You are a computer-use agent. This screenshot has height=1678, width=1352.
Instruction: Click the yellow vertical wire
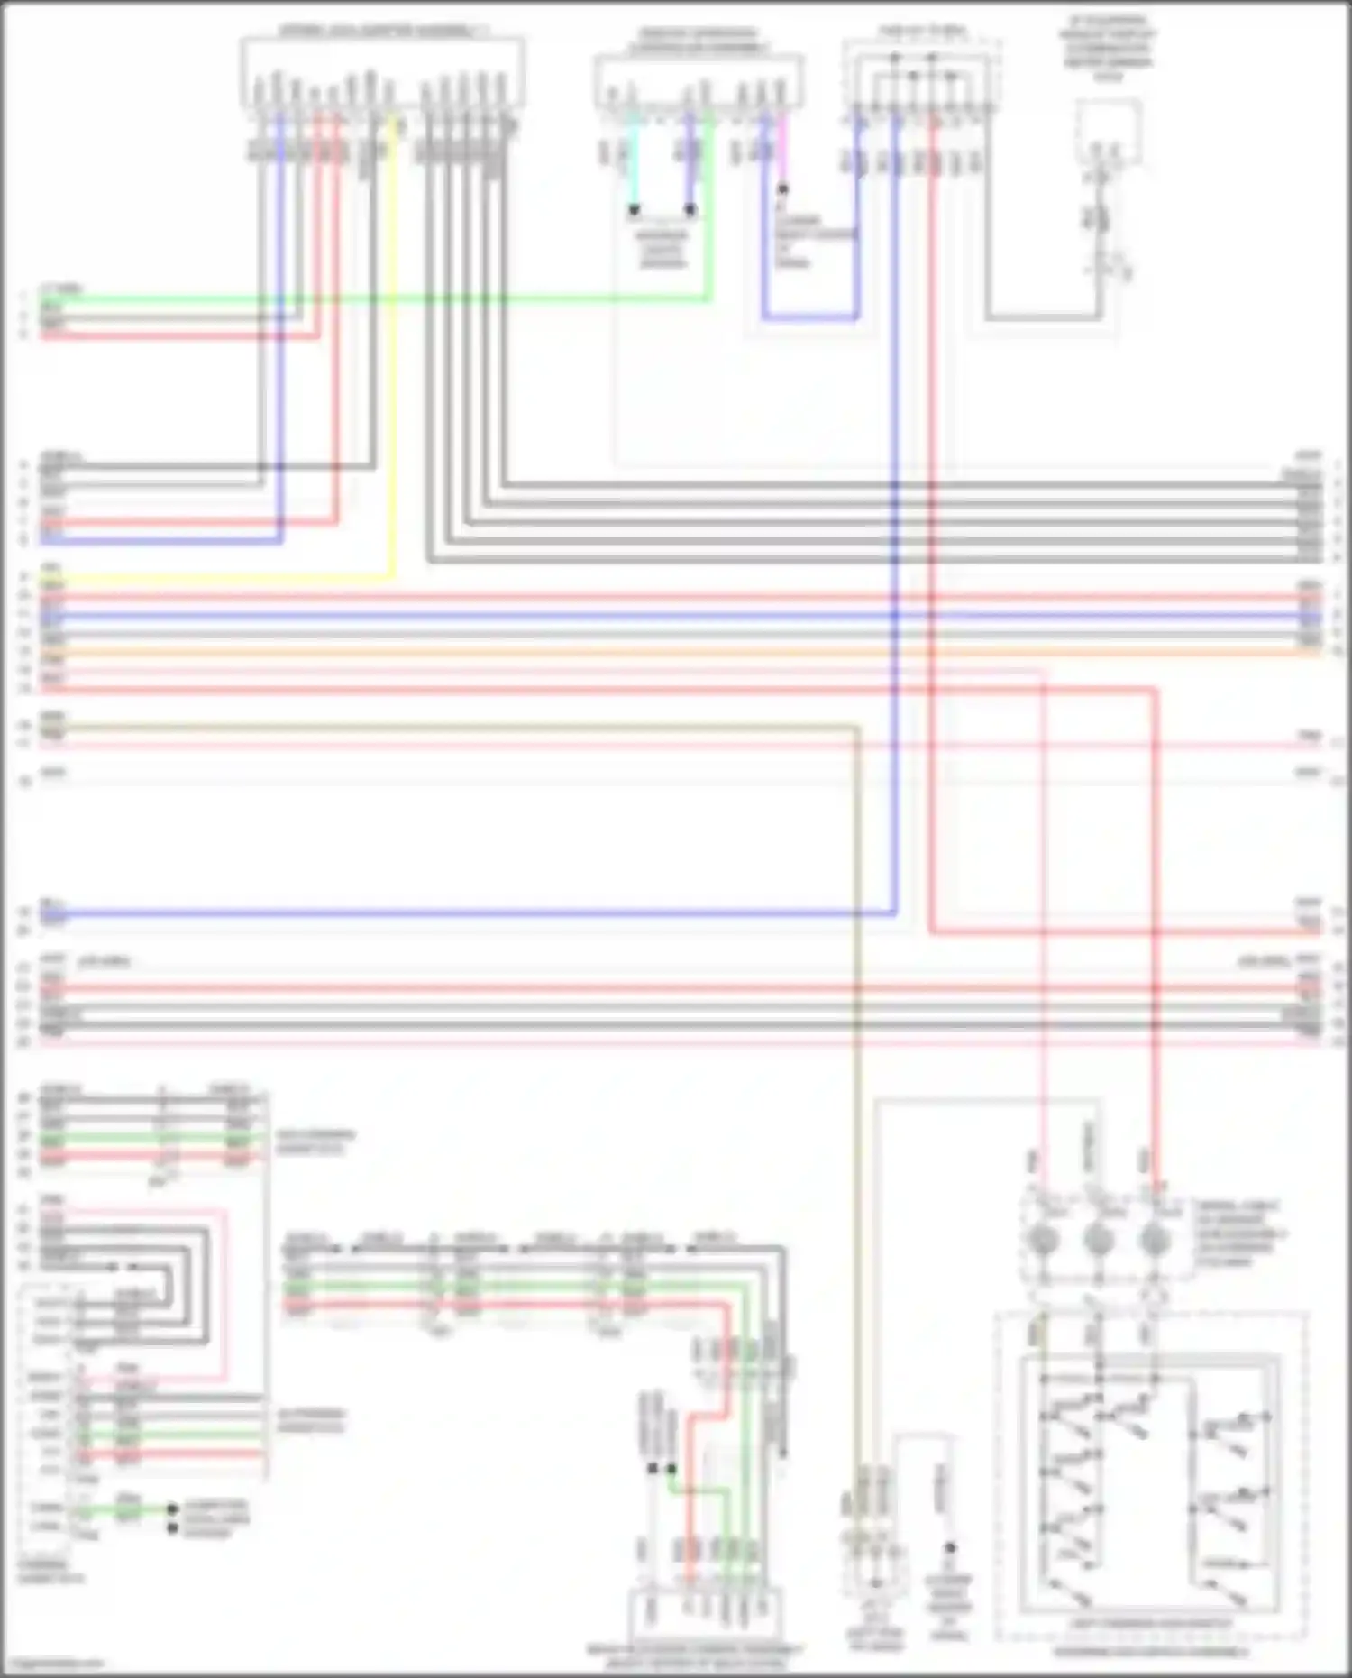click(393, 361)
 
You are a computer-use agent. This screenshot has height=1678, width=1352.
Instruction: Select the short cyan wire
click(634, 162)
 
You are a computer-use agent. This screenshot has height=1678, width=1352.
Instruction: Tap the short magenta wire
click(782, 153)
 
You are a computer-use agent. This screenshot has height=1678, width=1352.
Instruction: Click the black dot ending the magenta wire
click(783, 189)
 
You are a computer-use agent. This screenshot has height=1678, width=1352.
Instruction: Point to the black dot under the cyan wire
click(635, 210)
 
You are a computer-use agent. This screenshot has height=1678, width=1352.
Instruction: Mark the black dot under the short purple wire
click(690, 210)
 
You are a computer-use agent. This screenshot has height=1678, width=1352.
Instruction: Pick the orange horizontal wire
click(676, 652)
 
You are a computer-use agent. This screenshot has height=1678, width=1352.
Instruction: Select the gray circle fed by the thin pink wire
click(1043, 1242)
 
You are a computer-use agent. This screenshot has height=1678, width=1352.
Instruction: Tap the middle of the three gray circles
click(1099, 1242)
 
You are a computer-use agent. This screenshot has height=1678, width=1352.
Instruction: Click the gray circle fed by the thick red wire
click(1155, 1242)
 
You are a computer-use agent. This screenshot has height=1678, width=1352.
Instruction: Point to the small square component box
click(1109, 132)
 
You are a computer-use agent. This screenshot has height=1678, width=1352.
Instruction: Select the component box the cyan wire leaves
click(699, 81)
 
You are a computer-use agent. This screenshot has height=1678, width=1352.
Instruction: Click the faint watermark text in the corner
click(54, 1664)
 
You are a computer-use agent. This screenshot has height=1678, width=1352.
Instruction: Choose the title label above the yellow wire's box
click(382, 31)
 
